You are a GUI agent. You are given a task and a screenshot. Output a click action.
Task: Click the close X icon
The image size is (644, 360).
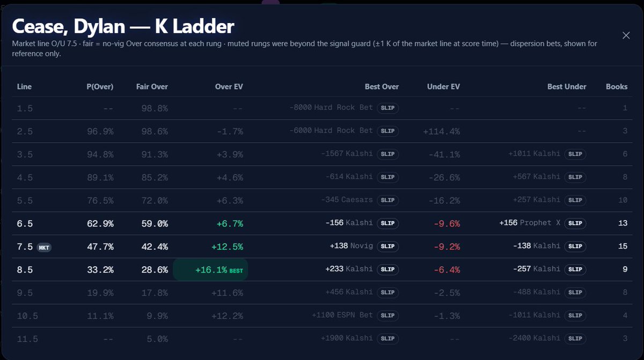coord(626,35)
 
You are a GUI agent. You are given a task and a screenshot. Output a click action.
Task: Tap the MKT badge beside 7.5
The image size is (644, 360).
coord(44,247)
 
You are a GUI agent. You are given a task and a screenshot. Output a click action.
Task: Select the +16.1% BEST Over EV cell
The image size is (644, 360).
coord(210,269)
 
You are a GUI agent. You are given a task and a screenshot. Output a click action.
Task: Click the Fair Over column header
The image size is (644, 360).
coord(152,86)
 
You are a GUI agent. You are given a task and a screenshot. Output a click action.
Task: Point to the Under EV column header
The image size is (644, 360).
coord(443,86)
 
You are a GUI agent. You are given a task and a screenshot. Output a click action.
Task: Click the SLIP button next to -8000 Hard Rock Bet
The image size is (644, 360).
coord(387,108)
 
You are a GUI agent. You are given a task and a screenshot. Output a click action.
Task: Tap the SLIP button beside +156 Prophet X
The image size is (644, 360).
coord(575,223)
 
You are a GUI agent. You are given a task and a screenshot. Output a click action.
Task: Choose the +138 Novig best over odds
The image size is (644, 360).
coord(352,246)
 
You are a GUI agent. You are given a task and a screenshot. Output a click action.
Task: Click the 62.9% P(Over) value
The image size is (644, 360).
coord(100,224)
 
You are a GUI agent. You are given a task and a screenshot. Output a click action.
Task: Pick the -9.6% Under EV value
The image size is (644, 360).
coord(447,224)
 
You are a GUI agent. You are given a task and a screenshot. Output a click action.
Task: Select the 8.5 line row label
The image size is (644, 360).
coord(25,270)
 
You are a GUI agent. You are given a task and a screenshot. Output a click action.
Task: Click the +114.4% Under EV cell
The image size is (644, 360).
coord(441,131)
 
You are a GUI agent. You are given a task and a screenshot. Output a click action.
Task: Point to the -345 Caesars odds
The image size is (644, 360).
coord(347,200)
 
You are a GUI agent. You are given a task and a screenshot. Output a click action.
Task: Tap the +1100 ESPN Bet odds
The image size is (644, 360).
coord(342,315)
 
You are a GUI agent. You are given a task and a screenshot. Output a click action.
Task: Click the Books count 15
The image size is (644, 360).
coord(623,246)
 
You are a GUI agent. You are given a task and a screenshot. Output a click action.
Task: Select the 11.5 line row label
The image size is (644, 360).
coord(27,339)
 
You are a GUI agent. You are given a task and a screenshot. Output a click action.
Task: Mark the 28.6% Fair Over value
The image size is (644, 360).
coord(155,270)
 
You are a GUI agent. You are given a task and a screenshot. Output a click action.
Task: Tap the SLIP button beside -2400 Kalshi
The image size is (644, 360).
coord(575,339)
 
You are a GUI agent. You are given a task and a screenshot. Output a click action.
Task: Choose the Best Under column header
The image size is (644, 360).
coord(567,86)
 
